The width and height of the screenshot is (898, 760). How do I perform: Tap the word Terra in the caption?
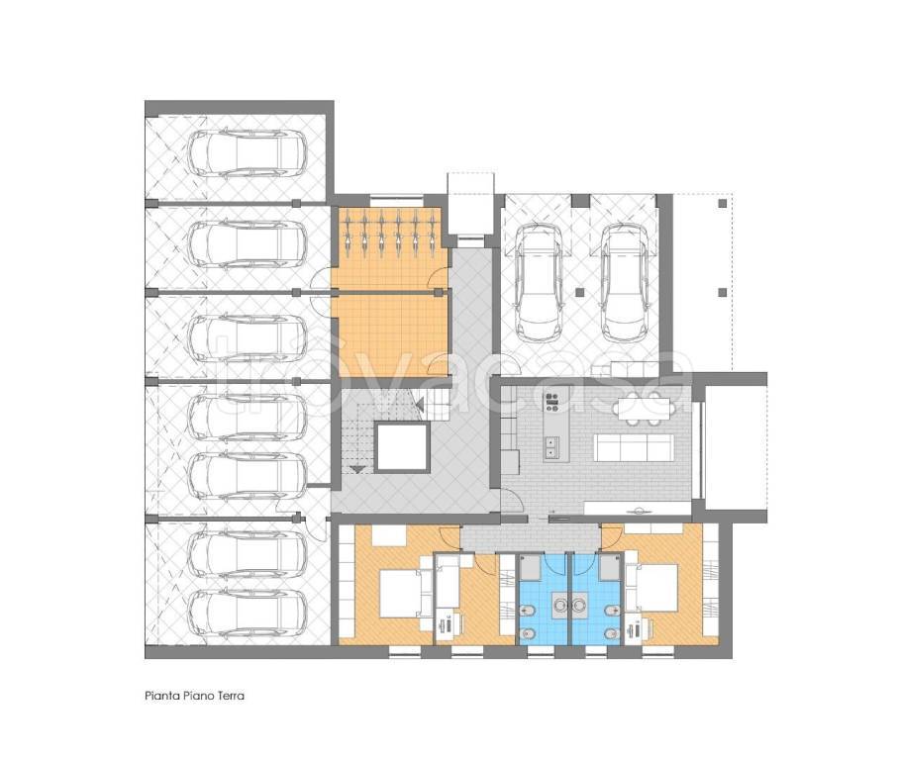coord(231,696)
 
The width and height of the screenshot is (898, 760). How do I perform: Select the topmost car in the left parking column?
coord(248,153)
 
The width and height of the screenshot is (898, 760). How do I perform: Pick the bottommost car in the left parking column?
coord(248,615)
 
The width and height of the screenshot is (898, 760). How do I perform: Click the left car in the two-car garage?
coord(539,281)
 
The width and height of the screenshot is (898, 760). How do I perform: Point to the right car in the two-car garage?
coord(625,281)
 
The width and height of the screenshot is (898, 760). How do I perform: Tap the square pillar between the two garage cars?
coord(580,293)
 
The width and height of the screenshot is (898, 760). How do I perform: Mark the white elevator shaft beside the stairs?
coord(401,448)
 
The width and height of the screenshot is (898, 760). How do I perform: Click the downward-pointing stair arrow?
coord(358,470)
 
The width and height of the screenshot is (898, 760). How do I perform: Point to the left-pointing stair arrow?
coord(419,406)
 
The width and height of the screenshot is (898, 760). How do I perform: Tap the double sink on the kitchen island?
coord(553,447)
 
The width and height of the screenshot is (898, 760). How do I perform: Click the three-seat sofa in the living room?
coord(633,447)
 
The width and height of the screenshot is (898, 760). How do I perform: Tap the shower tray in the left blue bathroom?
coord(532,568)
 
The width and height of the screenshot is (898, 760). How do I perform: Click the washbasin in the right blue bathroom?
coord(580,604)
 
